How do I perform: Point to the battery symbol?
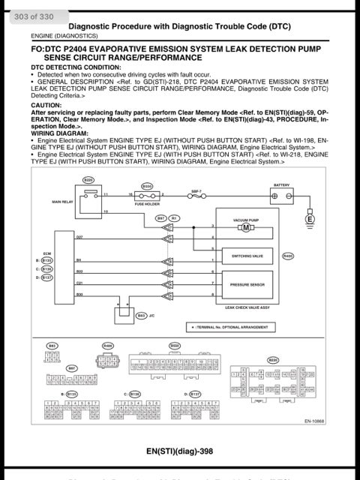coord(281,196)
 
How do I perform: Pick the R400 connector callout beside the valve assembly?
coord(287,256)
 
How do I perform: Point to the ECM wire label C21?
coord(79,283)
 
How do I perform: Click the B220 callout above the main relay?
coord(88,180)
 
